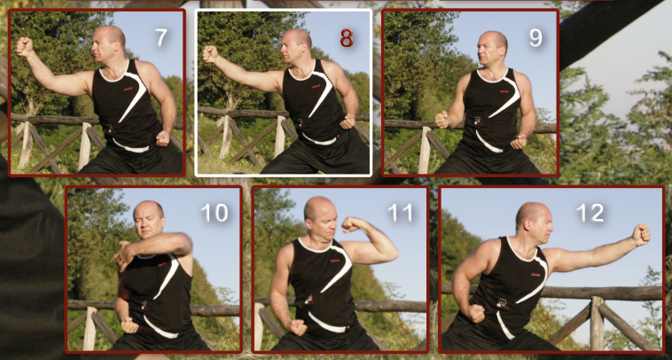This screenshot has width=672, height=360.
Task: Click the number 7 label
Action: [160, 38]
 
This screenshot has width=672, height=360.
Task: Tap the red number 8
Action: [347, 38]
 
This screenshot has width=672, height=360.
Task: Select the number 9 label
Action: [535, 38]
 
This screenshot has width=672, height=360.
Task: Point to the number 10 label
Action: [215, 213]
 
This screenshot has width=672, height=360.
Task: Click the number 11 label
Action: [400, 213]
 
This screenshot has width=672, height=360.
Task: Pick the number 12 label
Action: [590, 213]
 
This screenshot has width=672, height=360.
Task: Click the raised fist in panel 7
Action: [24, 47]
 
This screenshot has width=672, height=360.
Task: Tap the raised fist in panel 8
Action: [210, 54]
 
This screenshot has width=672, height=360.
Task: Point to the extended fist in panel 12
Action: [642, 235]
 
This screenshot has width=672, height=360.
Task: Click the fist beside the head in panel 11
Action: [350, 224]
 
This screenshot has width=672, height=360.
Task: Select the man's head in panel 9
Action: [492, 50]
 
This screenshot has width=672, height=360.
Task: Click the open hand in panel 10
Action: [122, 256]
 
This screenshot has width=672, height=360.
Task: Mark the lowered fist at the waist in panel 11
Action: [297, 328]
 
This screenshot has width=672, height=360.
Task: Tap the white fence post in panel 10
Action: [90, 328]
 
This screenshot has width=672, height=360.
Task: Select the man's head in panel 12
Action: [534, 223]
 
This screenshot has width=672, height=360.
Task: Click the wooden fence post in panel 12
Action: [597, 322]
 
